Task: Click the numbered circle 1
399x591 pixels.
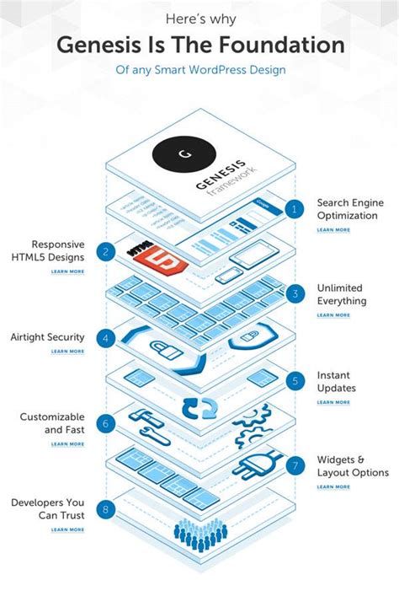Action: [x=294, y=209]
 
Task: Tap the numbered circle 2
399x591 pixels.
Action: [x=105, y=251]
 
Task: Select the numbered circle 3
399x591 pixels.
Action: [x=294, y=294]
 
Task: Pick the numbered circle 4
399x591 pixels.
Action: [x=105, y=338]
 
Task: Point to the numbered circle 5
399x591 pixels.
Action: [x=294, y=381]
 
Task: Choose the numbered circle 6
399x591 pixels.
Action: [x=105, y=424]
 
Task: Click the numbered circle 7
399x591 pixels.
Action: [x=294, y=465]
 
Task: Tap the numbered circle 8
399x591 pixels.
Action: [x=105, y=509]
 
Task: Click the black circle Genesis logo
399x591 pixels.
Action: [x=184, y=155]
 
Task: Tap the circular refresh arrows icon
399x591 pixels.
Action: [x=199, y=410]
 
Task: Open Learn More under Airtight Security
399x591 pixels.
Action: [x=67, y=352]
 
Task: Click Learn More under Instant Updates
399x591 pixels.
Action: [x=333, y=402]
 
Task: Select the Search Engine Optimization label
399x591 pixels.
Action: [x=348, y=208]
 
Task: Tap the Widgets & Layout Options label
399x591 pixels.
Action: [x=353, y=466]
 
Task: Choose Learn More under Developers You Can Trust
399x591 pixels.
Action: [x=67, y=529]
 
